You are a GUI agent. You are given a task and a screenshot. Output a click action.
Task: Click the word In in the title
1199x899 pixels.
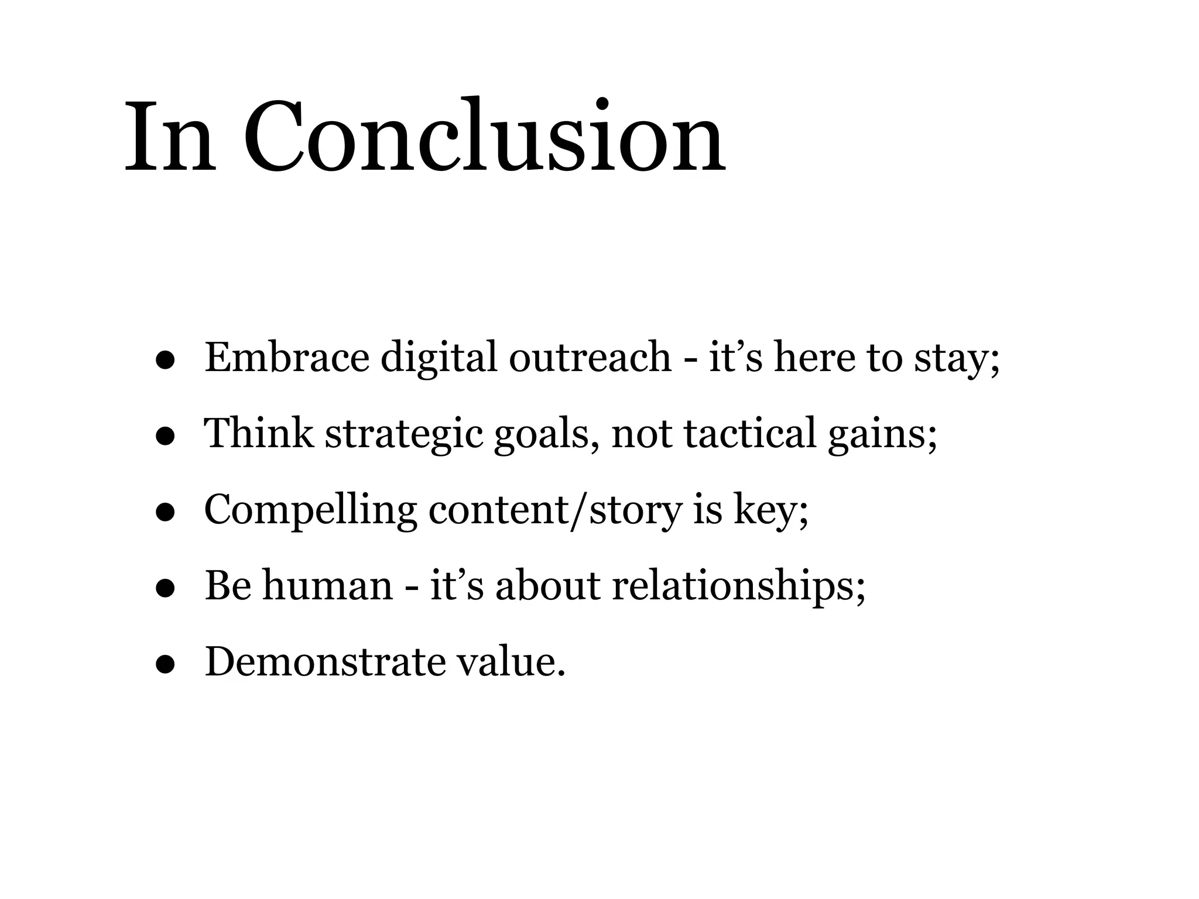point(169,138)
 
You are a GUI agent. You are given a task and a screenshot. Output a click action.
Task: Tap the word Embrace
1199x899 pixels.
point(287,358)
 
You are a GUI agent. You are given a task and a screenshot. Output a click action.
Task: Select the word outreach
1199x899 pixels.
point(590,358)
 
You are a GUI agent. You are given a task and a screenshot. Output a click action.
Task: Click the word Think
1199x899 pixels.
point(258,434)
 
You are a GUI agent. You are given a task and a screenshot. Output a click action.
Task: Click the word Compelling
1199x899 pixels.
point(310,510)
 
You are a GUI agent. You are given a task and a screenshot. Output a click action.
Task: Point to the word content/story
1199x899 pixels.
point(556,510)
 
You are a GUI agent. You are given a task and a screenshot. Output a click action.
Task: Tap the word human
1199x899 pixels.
point(327,586)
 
